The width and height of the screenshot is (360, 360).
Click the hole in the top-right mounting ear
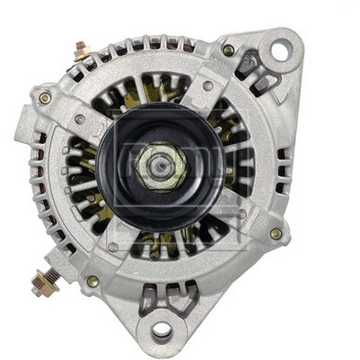[x=280, y=50]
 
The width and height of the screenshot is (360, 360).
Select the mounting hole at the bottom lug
[x=161, y=330]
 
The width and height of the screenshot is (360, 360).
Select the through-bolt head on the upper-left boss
[x=45, y=97]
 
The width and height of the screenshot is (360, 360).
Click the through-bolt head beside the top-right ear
[x=229, y=50]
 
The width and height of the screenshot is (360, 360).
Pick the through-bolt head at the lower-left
[x=93, y=281]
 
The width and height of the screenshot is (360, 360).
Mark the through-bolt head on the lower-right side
[x=275, y=234]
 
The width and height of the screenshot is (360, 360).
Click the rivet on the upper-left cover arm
[x=79, y=118]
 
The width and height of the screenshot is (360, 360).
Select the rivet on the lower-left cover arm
[x=112, y=247]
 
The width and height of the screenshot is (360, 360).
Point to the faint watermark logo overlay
[x=180, y=180]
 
